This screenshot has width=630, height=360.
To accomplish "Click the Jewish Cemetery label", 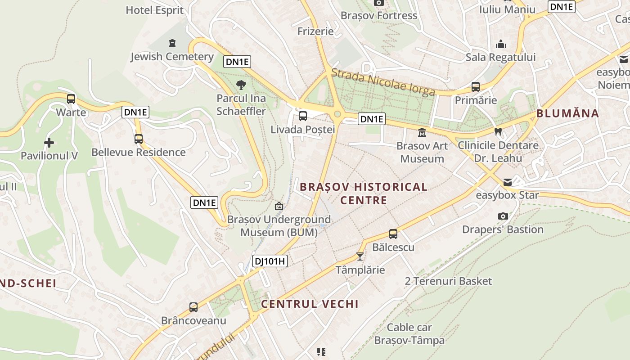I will [x=172, y=57].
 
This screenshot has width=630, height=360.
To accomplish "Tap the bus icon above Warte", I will [x=71, y=99].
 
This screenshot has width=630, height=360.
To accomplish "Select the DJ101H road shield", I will [x=270, y=261].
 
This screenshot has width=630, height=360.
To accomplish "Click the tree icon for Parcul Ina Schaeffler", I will [x=241, y=85].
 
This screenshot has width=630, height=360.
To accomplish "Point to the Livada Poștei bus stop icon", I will [x=303, y=116].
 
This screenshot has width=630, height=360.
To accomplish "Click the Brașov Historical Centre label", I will [x=364, y=193].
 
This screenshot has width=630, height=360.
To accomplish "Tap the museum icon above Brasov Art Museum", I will [x=422, y=132].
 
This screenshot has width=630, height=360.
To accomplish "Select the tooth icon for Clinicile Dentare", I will [x=498, y=132].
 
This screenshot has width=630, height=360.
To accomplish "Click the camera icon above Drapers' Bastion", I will [x=503, y=216].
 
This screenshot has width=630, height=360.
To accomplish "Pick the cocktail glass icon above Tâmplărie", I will [x=360, y=256].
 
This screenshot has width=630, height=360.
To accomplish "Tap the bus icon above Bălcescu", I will [x=393, y=234].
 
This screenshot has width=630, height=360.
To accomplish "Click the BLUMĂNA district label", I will [x=567, y=113].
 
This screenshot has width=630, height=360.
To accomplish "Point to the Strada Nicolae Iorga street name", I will [x=383, y=82].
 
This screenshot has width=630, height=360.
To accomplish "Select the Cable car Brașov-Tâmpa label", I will [x=409, y=334].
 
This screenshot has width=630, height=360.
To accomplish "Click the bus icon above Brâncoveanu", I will [x=193, y=307].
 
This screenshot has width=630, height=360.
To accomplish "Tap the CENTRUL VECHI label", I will [x=310, y=304].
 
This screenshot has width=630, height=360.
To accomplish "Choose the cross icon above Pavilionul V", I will [x=49, y=143].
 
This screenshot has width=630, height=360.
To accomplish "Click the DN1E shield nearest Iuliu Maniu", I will [x=562, y=7].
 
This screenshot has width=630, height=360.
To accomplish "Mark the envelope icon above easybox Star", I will [x=508, y=182].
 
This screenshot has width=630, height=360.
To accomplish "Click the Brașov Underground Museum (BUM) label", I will [x=279, y=226].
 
